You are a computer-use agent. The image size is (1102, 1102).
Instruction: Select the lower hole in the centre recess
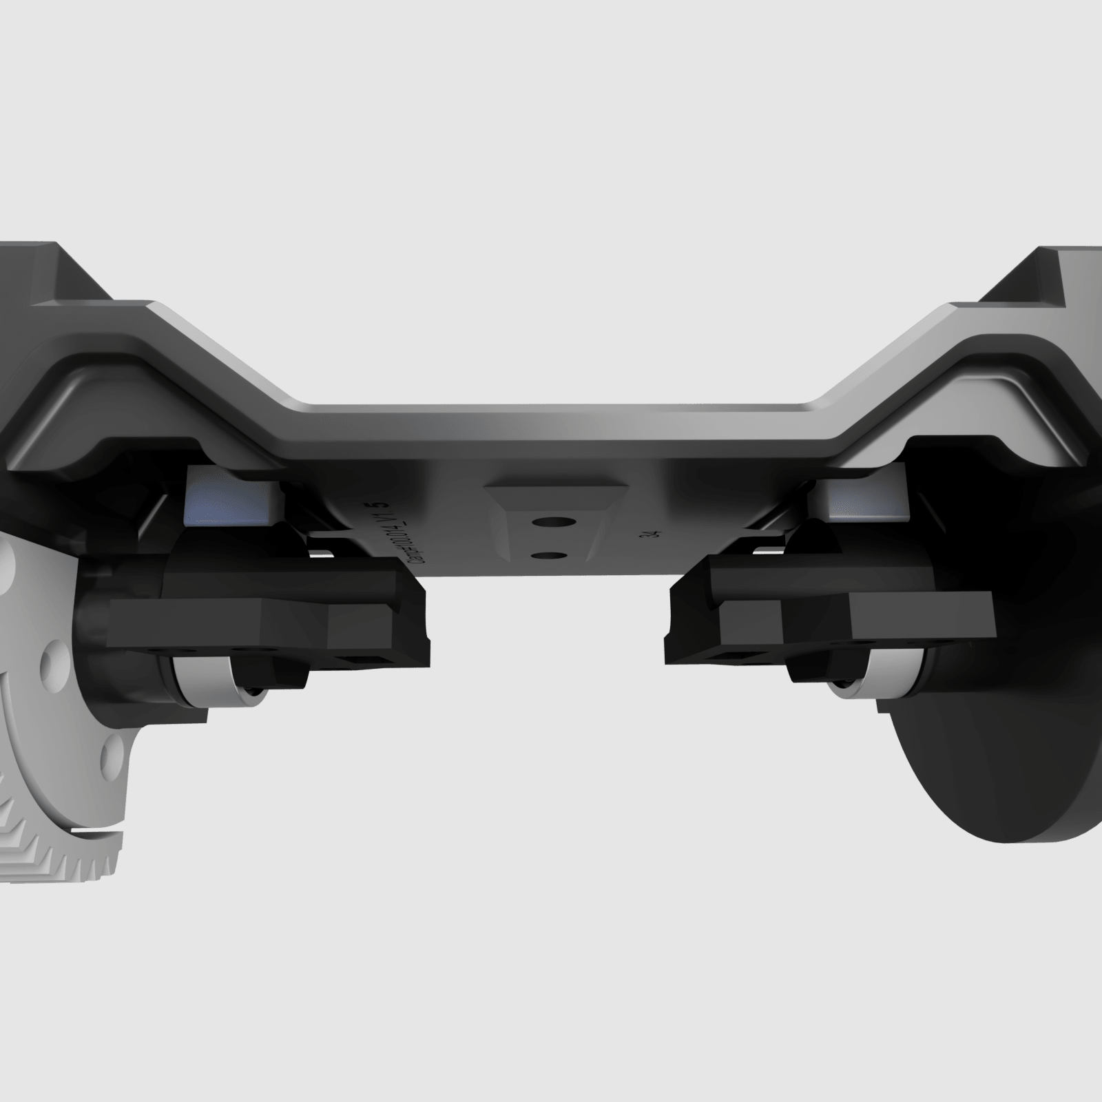coord(549,554)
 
